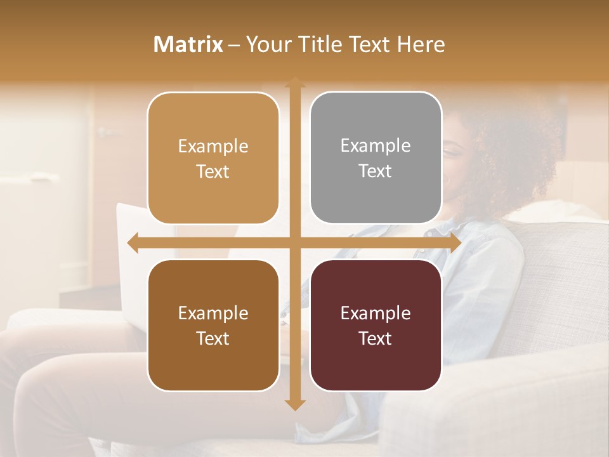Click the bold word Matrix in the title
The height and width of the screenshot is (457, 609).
[188, 44]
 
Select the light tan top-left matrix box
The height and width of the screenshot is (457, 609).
[213, 159]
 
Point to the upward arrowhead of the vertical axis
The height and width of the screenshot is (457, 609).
[294, 82]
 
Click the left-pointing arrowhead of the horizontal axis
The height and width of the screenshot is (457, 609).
[133, 243]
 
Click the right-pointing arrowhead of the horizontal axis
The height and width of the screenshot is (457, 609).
[455, 243]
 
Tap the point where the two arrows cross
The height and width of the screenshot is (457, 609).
[294, 243]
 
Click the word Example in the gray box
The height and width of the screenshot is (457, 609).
[376, 146]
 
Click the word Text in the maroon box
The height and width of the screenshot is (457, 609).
[376, 339]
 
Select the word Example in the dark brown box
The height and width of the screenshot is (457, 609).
[213, 314]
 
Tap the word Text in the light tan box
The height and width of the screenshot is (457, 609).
[213, 171]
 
